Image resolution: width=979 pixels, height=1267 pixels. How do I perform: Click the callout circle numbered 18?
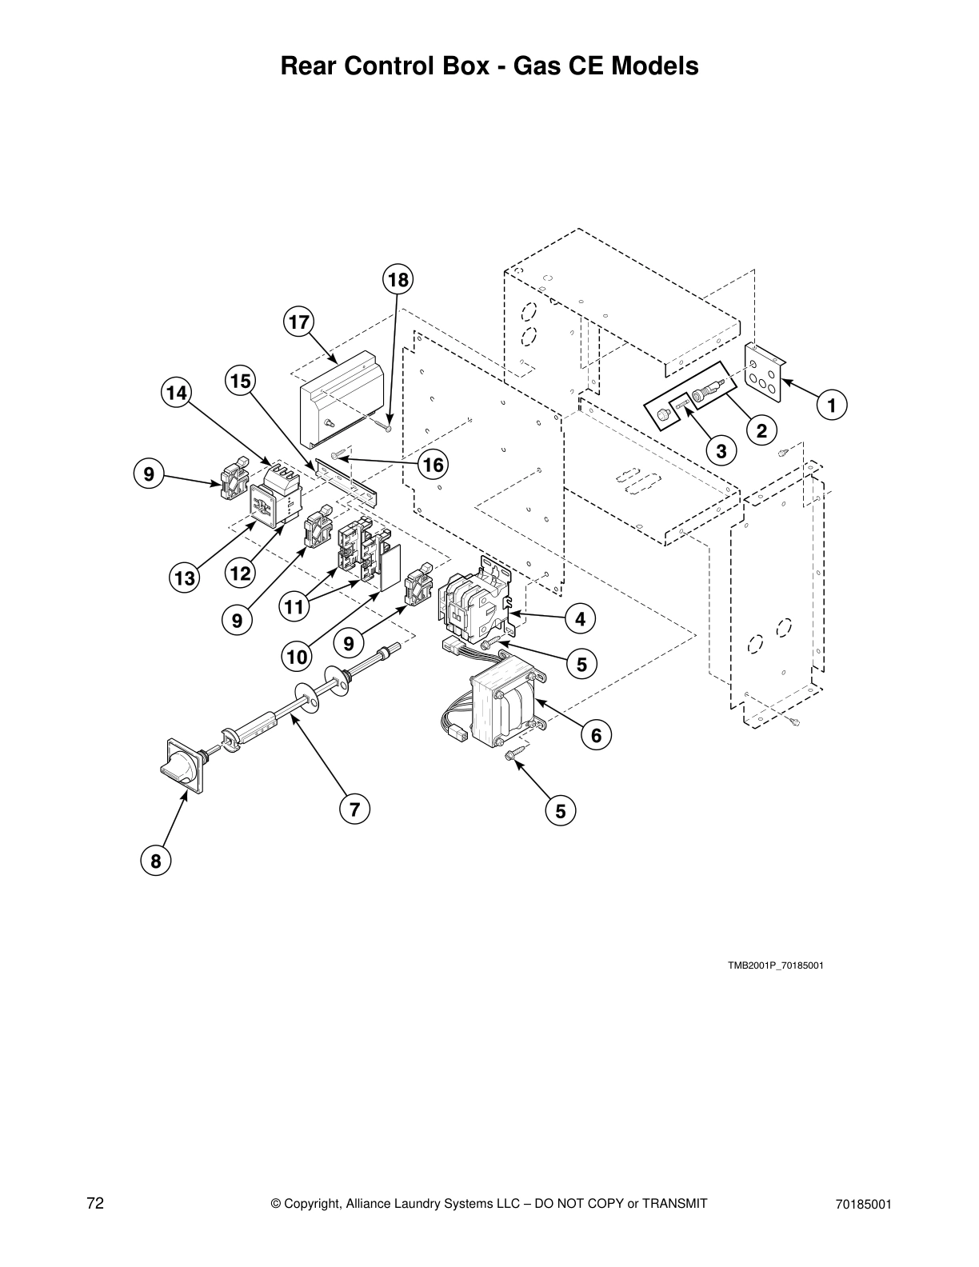(x=398, y=280)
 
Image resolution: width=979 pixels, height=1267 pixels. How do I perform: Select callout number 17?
(x=298, y=322)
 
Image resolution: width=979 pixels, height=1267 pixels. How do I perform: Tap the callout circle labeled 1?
(x=832, y=406)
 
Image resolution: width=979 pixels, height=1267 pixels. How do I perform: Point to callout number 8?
(x=155, y=861)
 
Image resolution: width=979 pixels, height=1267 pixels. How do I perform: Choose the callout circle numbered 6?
(x=597, y=734)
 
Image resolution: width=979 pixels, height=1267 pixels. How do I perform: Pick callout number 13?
(x=185, y=578)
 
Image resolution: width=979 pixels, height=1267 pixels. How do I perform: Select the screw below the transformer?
(x=513, y=753)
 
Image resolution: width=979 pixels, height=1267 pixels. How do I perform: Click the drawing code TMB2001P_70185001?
(x=775, y=965)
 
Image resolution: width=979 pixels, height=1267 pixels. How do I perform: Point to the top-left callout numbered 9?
(x=149, y=474)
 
